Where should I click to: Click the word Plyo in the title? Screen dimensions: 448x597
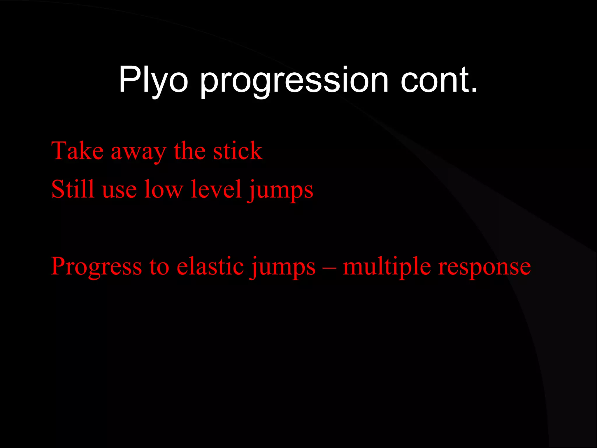tap(153, 80)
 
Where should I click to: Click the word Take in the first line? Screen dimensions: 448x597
tap(77, 151)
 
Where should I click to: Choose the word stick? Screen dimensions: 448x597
tap(238, 151)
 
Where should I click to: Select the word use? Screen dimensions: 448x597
tap(119, 191)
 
